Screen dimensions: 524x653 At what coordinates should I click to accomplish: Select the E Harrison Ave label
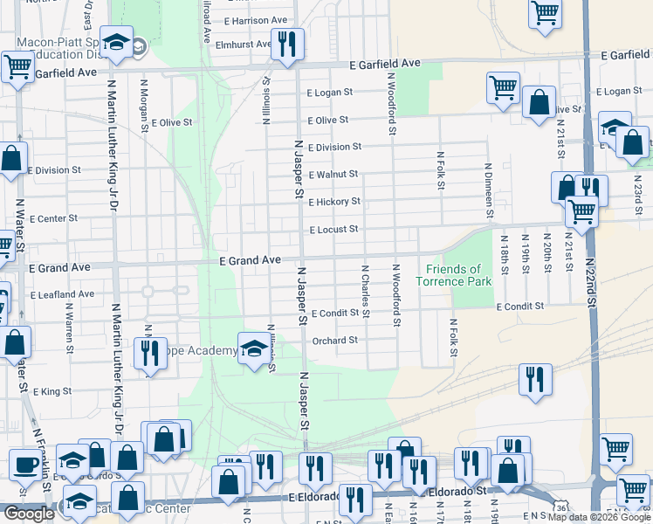point(256,20)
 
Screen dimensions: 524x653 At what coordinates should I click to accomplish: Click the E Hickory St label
point(334,202)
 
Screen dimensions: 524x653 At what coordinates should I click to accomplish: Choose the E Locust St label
point(333,230)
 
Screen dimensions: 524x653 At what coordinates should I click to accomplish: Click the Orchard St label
point(335,341)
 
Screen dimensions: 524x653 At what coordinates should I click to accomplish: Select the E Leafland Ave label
point(62,295)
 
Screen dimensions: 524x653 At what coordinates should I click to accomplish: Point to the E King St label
point(52,392)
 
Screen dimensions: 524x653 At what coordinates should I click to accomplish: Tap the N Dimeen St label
point(489,190)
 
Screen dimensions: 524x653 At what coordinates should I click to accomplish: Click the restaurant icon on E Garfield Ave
point(287,44)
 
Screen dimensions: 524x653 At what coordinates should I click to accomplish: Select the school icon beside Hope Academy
point(253,348)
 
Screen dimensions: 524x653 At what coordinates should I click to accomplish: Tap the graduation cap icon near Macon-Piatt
point(115,42)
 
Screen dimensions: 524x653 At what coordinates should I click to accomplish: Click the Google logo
point(29,514)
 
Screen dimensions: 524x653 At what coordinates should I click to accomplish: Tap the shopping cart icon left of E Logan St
point(504,88)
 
